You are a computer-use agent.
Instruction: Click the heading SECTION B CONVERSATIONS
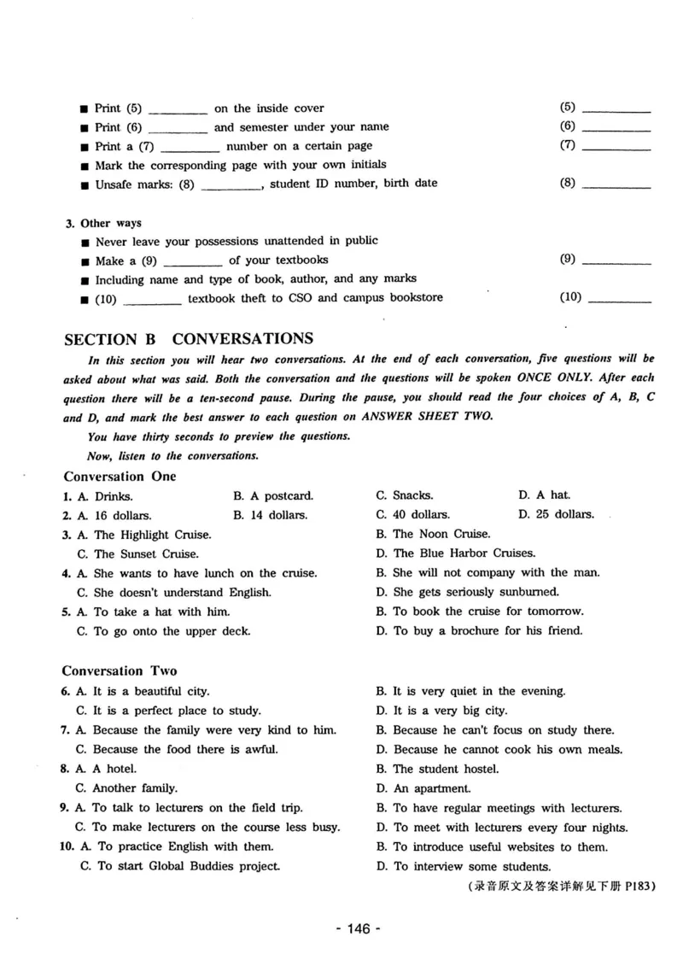tap(189, 338)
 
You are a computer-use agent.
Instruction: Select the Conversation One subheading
tap(120, 476)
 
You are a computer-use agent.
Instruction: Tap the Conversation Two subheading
tap(120, 670)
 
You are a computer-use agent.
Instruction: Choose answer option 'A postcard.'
tap(273, 495)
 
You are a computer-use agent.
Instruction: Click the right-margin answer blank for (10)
tap(621, 300)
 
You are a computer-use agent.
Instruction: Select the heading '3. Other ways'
tap(104, 223)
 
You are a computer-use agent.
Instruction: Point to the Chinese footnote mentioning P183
tap(562, 887)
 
